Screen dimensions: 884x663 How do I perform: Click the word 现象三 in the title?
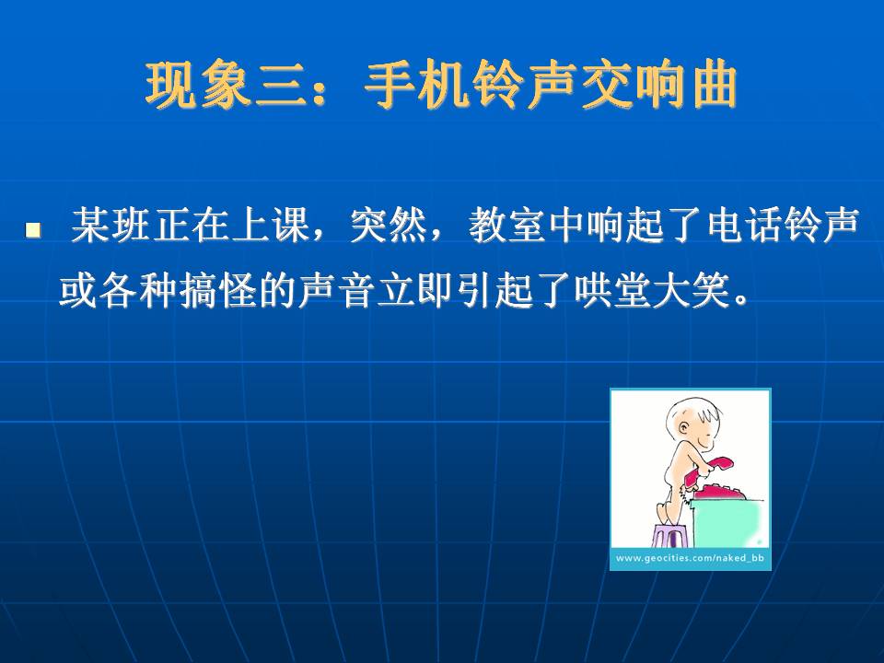pos(226,86)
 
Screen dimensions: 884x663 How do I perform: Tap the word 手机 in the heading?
pos(417,86)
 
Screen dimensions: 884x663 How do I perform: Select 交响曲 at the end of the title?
pos(658,86)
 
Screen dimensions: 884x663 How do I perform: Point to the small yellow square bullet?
pos(33,230)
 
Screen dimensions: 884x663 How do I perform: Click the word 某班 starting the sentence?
pos(110,226)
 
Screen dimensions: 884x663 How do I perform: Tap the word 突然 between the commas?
pos(388,226)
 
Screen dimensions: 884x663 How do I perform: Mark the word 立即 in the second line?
pos(416,291)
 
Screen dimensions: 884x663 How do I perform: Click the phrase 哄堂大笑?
pos(653,291)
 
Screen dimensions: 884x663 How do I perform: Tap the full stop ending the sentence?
pos(742,300)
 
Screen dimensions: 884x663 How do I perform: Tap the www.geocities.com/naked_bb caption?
pos(690,558)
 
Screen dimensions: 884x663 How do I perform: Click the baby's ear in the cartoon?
pos(683,427)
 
